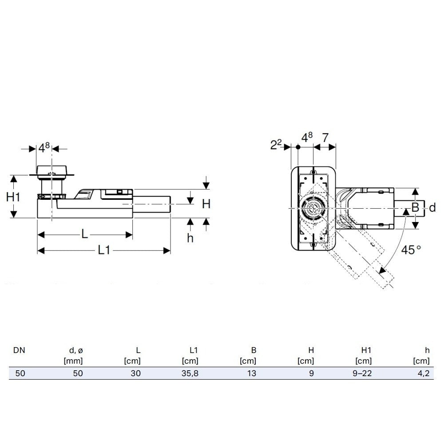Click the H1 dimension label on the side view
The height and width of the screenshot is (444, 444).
[x=16, y=197]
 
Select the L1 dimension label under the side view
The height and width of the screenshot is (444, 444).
[x=103, y=250]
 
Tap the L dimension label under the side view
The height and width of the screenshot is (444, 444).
[x=84, y=234]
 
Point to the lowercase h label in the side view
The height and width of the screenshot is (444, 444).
[x=190, y=238]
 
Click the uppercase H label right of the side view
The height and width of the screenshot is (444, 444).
[x=206, y=204]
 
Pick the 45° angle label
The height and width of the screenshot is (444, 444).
[x=411, y=250]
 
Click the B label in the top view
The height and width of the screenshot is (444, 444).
[x=415, y=207]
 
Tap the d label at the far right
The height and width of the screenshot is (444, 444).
[x=432, y=207]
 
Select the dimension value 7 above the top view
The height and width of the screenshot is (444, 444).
[x=325, y=138]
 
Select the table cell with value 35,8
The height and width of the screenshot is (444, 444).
[x=190, y=373]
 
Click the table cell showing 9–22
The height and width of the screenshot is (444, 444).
[x=363, y=373]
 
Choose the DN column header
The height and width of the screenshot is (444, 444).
[x=19, y=350]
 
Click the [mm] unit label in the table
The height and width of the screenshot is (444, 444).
[x=74, y=361]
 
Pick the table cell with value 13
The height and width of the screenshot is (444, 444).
[x=251, y=373]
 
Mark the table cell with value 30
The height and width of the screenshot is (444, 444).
[x=136, y=373]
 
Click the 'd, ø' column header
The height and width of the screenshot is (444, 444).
[x=75, y=350]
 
